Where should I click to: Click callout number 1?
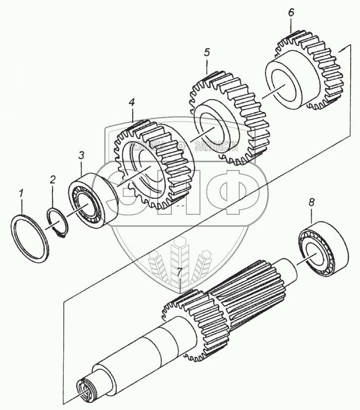click(21, 194)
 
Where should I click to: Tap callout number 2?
click(52, 179)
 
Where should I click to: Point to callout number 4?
click(132, 102)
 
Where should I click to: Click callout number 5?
click(207, 52)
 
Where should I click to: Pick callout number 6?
click(291, 13)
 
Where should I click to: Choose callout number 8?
click(311, 203)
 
